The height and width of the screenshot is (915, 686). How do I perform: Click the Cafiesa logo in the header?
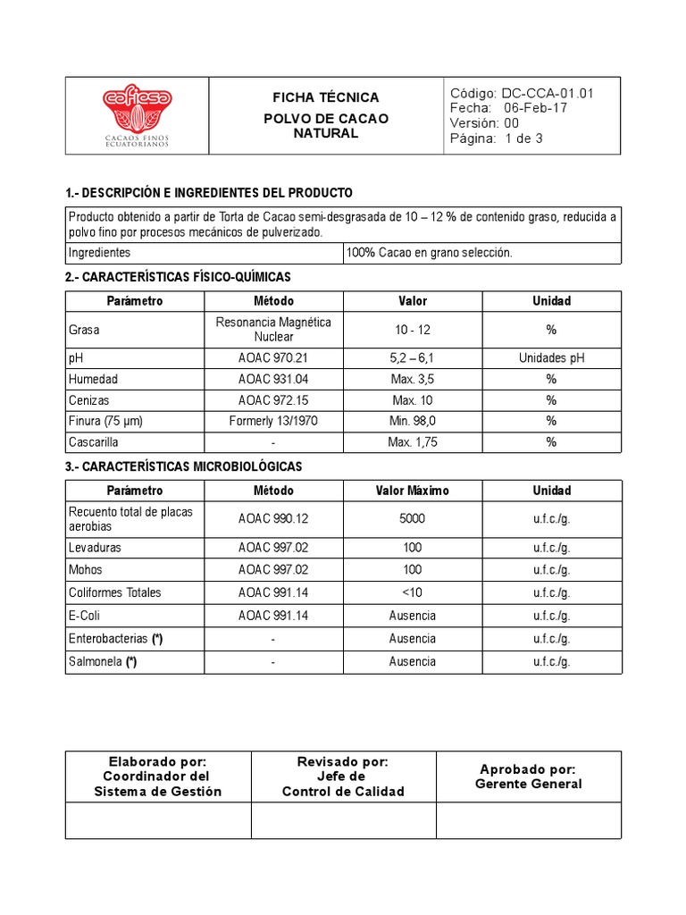pos(137,115)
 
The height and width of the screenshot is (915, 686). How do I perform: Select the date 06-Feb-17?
pos(535,108)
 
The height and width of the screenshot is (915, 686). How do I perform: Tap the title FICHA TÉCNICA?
pos(326,97)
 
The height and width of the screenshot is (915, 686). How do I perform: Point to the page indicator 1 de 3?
pos(523,139)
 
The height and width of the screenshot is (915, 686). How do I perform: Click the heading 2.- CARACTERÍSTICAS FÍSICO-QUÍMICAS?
pos(179,277)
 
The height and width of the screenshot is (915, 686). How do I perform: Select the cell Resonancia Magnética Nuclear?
pos(273,330)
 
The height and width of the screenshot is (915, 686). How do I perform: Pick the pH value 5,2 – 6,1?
pos(413,357)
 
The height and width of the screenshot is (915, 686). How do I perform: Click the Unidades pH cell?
pos(551,357)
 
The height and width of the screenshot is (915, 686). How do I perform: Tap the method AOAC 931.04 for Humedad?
pos(273,379)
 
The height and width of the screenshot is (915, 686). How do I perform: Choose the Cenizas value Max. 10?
pos(413,400)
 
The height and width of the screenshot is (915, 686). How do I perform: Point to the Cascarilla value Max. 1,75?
pos(413,442)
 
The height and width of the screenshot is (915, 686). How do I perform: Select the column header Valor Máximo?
pos(413,491)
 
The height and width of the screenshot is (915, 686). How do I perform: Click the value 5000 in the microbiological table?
pos(413,518)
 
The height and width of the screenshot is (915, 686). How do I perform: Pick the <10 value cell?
pos(413,592)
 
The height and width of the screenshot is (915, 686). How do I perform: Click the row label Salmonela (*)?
pos(103,662)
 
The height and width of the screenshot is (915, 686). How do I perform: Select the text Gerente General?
pos(528,785)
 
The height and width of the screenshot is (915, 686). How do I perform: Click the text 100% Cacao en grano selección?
pos(430,253)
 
